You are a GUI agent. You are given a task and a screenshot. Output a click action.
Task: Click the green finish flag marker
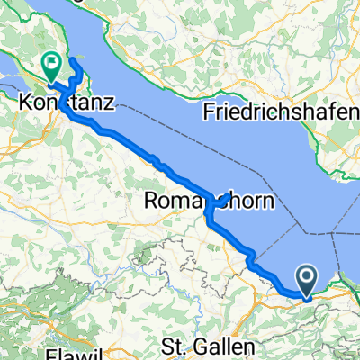[50, 66]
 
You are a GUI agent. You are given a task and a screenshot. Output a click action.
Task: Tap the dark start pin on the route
[306, 282]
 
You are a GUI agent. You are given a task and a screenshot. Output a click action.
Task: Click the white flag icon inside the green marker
[50, 63]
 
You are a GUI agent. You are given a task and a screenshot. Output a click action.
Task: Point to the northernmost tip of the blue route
[75, 66]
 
